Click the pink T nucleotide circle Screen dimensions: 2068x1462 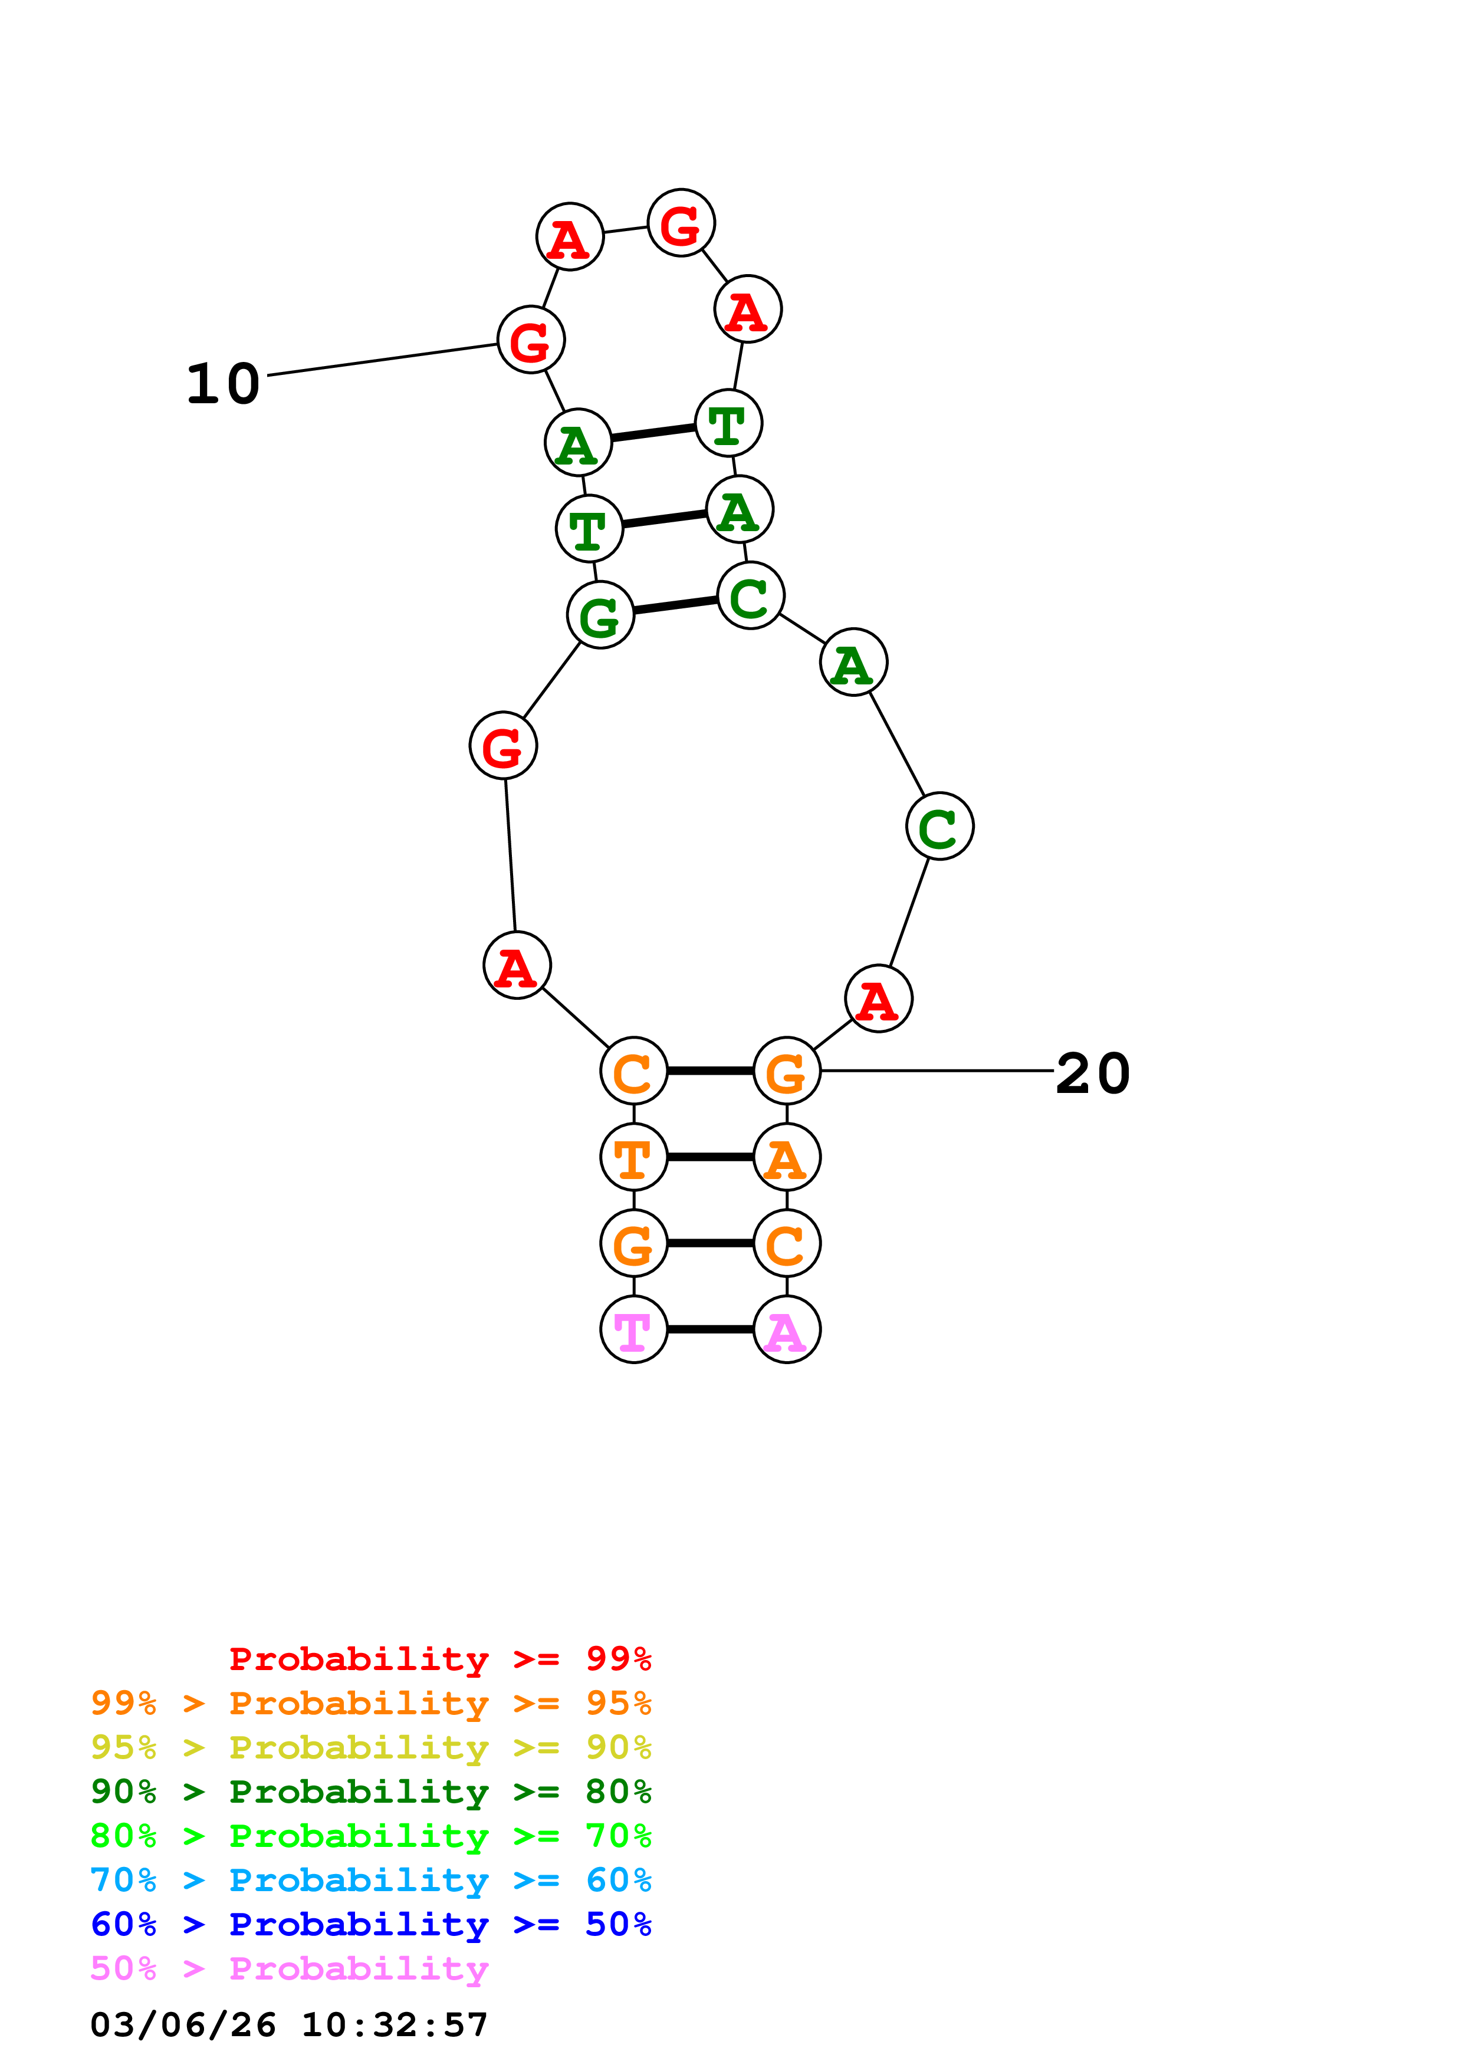tap(633, 1329)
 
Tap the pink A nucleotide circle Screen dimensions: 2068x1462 tap(786, 1329)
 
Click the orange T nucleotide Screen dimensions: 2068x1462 tap(633, 1157)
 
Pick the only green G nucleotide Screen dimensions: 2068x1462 tap(600, 614)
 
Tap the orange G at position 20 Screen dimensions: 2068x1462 tap(786, 1071)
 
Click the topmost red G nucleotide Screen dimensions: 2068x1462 tap(681, 223)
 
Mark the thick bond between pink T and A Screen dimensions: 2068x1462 tap(710, 1329)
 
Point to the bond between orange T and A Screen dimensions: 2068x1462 tap(710, 1157)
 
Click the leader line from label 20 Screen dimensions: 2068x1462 tap(937, 1071)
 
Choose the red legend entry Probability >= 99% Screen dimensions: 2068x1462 tap(439, 1659)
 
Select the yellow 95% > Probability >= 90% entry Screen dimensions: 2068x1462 tap(370, 1747)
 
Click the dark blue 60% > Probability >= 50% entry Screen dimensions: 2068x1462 tap(370, 1924)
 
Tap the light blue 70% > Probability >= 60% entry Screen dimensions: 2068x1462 tap(370, 1880)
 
